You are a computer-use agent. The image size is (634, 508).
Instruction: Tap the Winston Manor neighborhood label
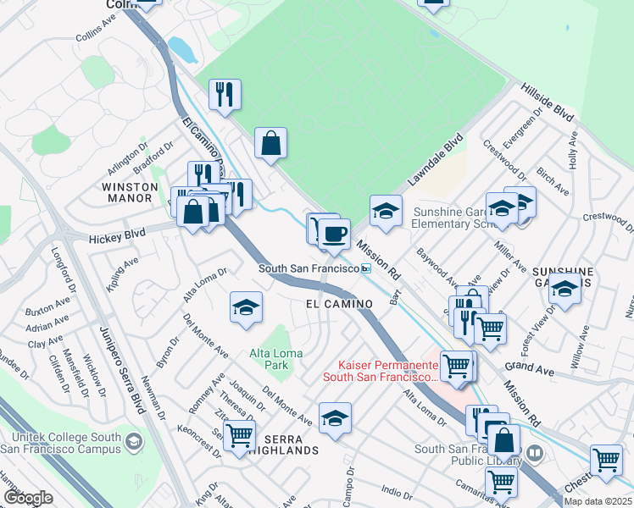pos(130,192)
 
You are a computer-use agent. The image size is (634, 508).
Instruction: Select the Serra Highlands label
pos(291,444)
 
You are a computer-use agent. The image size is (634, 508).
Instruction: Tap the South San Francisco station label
pos(309,268)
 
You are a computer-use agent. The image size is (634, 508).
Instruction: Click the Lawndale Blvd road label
pos(437,159)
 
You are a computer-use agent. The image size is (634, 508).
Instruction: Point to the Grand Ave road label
pos(528,367)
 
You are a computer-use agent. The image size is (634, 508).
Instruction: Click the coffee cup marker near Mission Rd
pos(334,234)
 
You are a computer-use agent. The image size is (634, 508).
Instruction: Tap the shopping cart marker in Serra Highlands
pos(240,433)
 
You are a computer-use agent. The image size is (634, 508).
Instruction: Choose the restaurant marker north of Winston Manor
pos(225,94)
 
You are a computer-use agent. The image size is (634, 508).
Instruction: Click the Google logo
pos(28,498)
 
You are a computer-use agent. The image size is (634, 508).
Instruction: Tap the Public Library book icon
pos(534,452)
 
